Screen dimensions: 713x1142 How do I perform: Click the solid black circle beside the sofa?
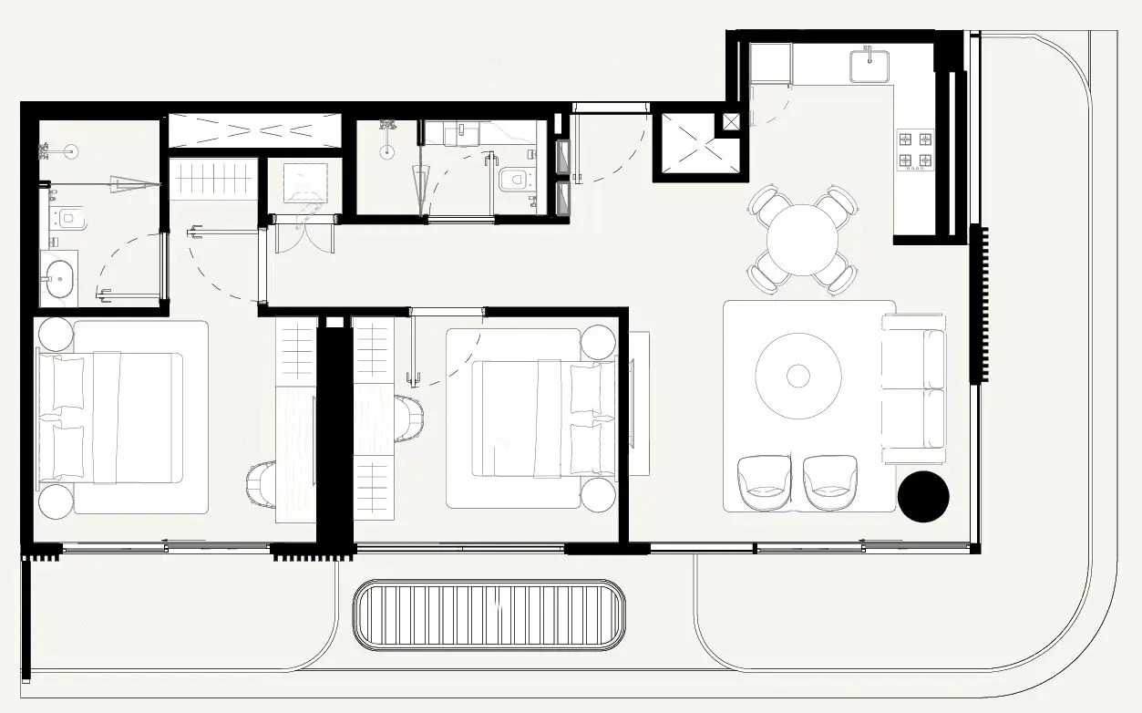(x=923, y=497)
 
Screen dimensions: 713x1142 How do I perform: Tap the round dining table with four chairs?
(x=802, y=240)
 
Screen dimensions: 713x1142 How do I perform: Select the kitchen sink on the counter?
(x=869, y=67)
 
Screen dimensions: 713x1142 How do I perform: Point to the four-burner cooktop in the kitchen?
(x=915, y=150)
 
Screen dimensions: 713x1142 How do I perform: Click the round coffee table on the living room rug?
(x=798, y=375)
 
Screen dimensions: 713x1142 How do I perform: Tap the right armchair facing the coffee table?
(x=830, y=481)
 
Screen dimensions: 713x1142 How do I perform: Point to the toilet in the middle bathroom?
(x=515, y=180)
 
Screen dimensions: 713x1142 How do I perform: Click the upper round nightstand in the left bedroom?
(x=55, y=334)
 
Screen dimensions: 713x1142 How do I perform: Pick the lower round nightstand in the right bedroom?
(x=598, y=495)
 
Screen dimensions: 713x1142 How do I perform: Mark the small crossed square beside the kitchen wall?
(x=732, y=120)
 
